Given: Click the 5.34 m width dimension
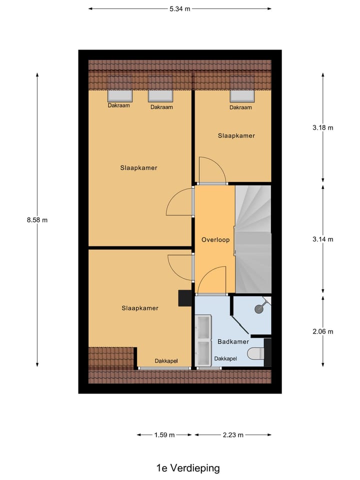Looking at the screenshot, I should [x=180, y=8].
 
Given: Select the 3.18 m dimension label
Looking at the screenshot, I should [x=322, y=127].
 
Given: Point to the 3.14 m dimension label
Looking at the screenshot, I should [x=322, y=239].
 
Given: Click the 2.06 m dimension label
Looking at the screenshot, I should [x=322, y=331].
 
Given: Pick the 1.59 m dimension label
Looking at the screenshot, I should [x=164, y=435].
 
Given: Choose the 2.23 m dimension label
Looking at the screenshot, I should [x=232, y=435].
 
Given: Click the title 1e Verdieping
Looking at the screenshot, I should [x=187, y=468].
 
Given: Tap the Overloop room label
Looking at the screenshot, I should [x=215, y=240].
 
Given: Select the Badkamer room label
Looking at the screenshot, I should [x=233, y=341].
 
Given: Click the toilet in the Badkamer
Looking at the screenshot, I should [x=256, y=354].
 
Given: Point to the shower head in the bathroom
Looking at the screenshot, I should [x=259, y=308].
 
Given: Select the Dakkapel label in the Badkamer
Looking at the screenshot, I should [x=225, y=358].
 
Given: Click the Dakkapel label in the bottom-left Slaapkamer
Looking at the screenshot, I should [x=166, y=361].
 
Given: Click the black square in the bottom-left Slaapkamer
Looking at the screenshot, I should [x=185, y=298].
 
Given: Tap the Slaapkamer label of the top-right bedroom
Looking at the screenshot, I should [x=236, y=136].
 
